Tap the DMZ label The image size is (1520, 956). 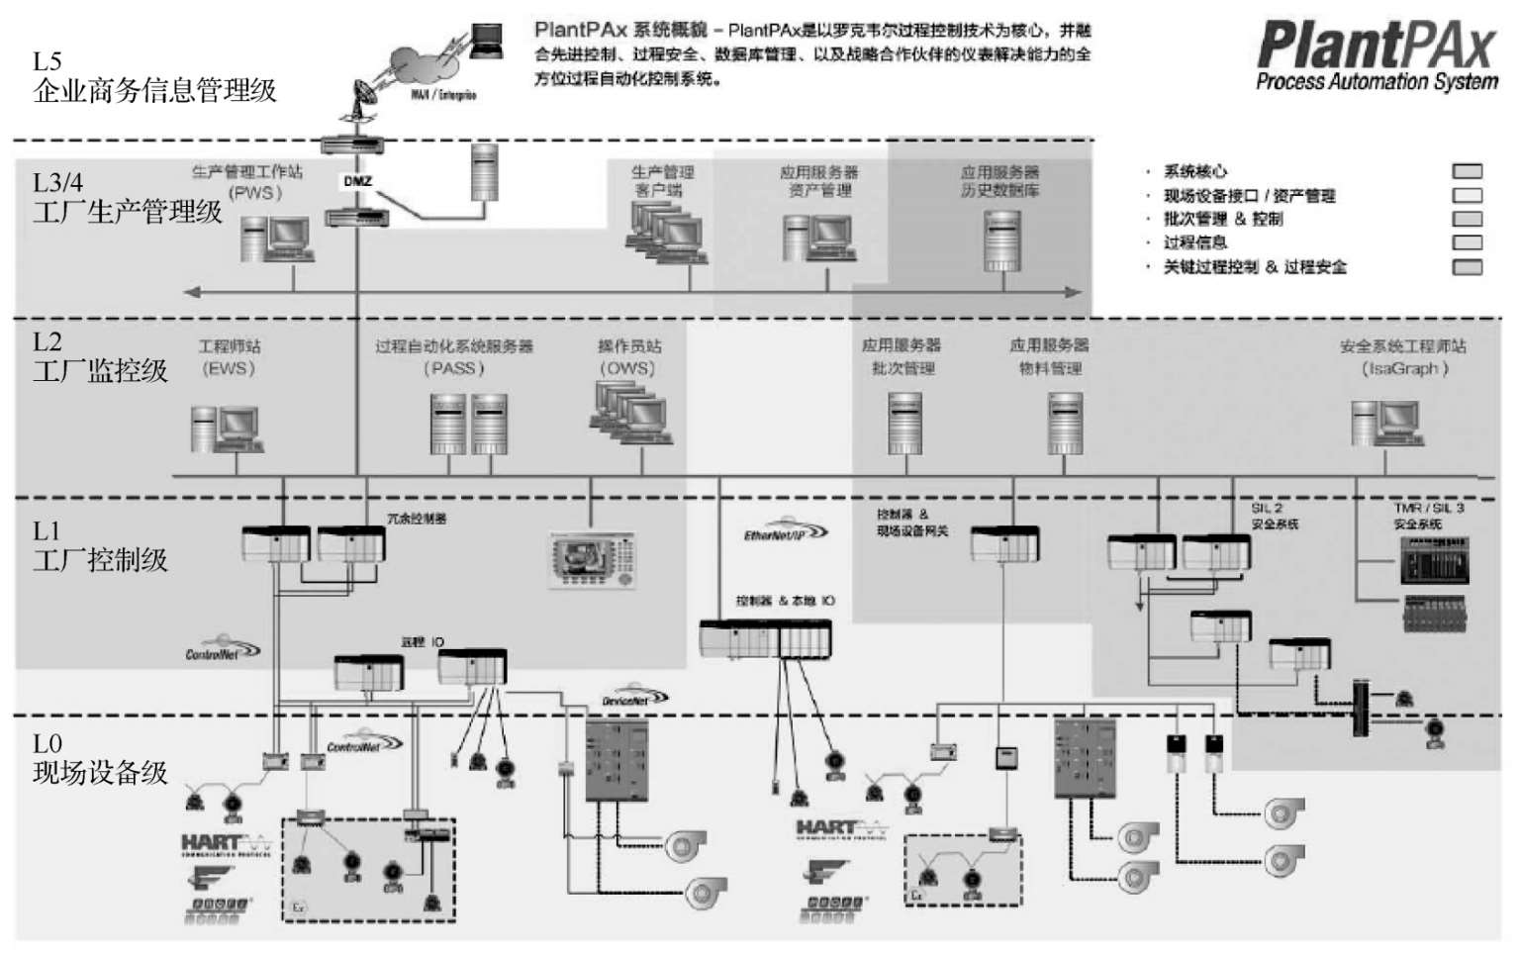pyautogui.click(x=357, y=181)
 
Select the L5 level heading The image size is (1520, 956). pyautogui.click(x=47, y=61)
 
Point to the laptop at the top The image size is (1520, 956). pyautogui.click(x=486, y=42)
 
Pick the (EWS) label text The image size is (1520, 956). pyautogui.click(x=229, y=368)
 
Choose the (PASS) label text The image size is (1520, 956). pyautogui.click(x=453, y=368)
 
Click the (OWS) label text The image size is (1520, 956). pyautogui.click(x=628, y=368)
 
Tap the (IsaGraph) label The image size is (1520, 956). pyautogui.click(x=1404, y=368)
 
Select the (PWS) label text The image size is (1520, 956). pyautogui.click(x=255, y=192)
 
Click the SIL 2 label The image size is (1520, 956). pyautogui.click(x=1266, y=508)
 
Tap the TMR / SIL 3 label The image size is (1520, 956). pyautogui.click(x=1428, y=508)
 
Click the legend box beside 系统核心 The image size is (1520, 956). pyautogui.click(x=1467, y=171)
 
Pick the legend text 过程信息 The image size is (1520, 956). pyautogui.click(x=1195, y=242)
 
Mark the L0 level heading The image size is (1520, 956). pyautogui.click(x=47, y=743)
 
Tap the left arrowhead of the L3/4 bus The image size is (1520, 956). pyautogui.click(x=192, y=292)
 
